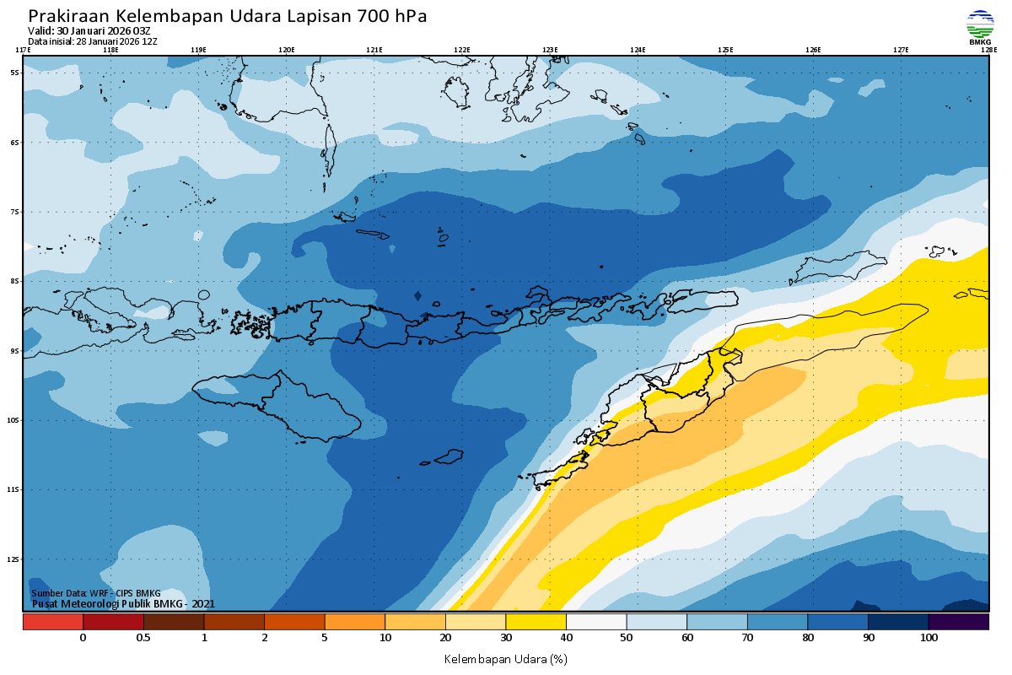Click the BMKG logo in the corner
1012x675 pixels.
pyautogui.click(x=980, y=27)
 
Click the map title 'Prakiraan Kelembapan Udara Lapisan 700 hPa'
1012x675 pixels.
pyautogui.click(x=227, y=16)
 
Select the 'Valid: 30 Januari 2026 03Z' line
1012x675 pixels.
pyautogui.click(x=89, y=31)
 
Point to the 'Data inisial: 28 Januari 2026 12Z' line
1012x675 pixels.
pyautogui.click(x=93, y=41)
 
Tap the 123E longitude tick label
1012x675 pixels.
pyautogui.click(x=550, y=50)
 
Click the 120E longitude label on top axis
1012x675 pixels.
pyautogui.click(x=287, y=50)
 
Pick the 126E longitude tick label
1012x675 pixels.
pyautogui.click(x=813, y=50)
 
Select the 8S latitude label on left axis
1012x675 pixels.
pyautogui.click(x=14, y=281)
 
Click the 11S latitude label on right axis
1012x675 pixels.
pyautogui.click(x=996, y=489)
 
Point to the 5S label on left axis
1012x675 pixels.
pyautogui.click(x=14, y=73)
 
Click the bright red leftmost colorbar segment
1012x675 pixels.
pyautogui.click(x=52, y=622)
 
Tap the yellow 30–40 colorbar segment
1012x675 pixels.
pyautogui.click(x=536, y=622)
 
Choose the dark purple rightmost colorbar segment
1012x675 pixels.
pyautogui.click(x=958, y=622)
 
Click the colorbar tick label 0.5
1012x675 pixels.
pyautogui.click(x=143, y=638)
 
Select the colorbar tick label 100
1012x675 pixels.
pyautogui.click(x=929, y=638)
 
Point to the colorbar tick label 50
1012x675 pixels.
pyautogui.click(x=627, y=638)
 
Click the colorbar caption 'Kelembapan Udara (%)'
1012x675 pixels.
pyautogui.click(x=506, y=658)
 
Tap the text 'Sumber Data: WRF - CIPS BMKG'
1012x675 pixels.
pyautogui.click(x=95, y=594)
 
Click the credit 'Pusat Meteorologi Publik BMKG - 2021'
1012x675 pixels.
pyautogui.click(x=123, y=603)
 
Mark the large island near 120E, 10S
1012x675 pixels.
pyautogui.click(x=278, y=405)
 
